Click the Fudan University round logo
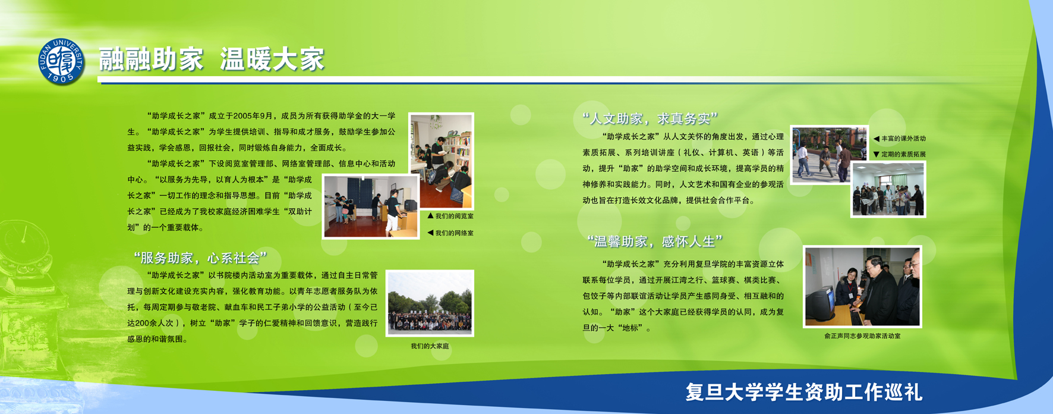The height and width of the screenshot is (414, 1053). pos(62,62)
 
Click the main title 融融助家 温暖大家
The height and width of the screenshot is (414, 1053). pos(212,60)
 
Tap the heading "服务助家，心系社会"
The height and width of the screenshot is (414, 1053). pos(200,258)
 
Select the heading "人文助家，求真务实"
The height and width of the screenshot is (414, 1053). pos(651,118)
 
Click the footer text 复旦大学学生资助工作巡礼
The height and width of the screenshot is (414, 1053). pos(804,393)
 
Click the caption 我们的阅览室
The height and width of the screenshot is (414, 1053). pos(450,217)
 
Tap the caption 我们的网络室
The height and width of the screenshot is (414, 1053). pos(450,233)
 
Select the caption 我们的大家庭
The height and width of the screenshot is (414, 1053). pos(430,346)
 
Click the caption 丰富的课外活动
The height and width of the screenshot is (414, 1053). pos(900,139)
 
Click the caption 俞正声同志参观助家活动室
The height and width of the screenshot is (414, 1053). pos(862,336)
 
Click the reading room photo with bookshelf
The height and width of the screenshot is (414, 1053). pos(441,161)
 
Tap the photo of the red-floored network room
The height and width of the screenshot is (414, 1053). pos(370,206)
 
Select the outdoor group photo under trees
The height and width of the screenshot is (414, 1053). pos(430,303)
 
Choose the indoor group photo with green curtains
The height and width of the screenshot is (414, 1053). pos(888,190)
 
